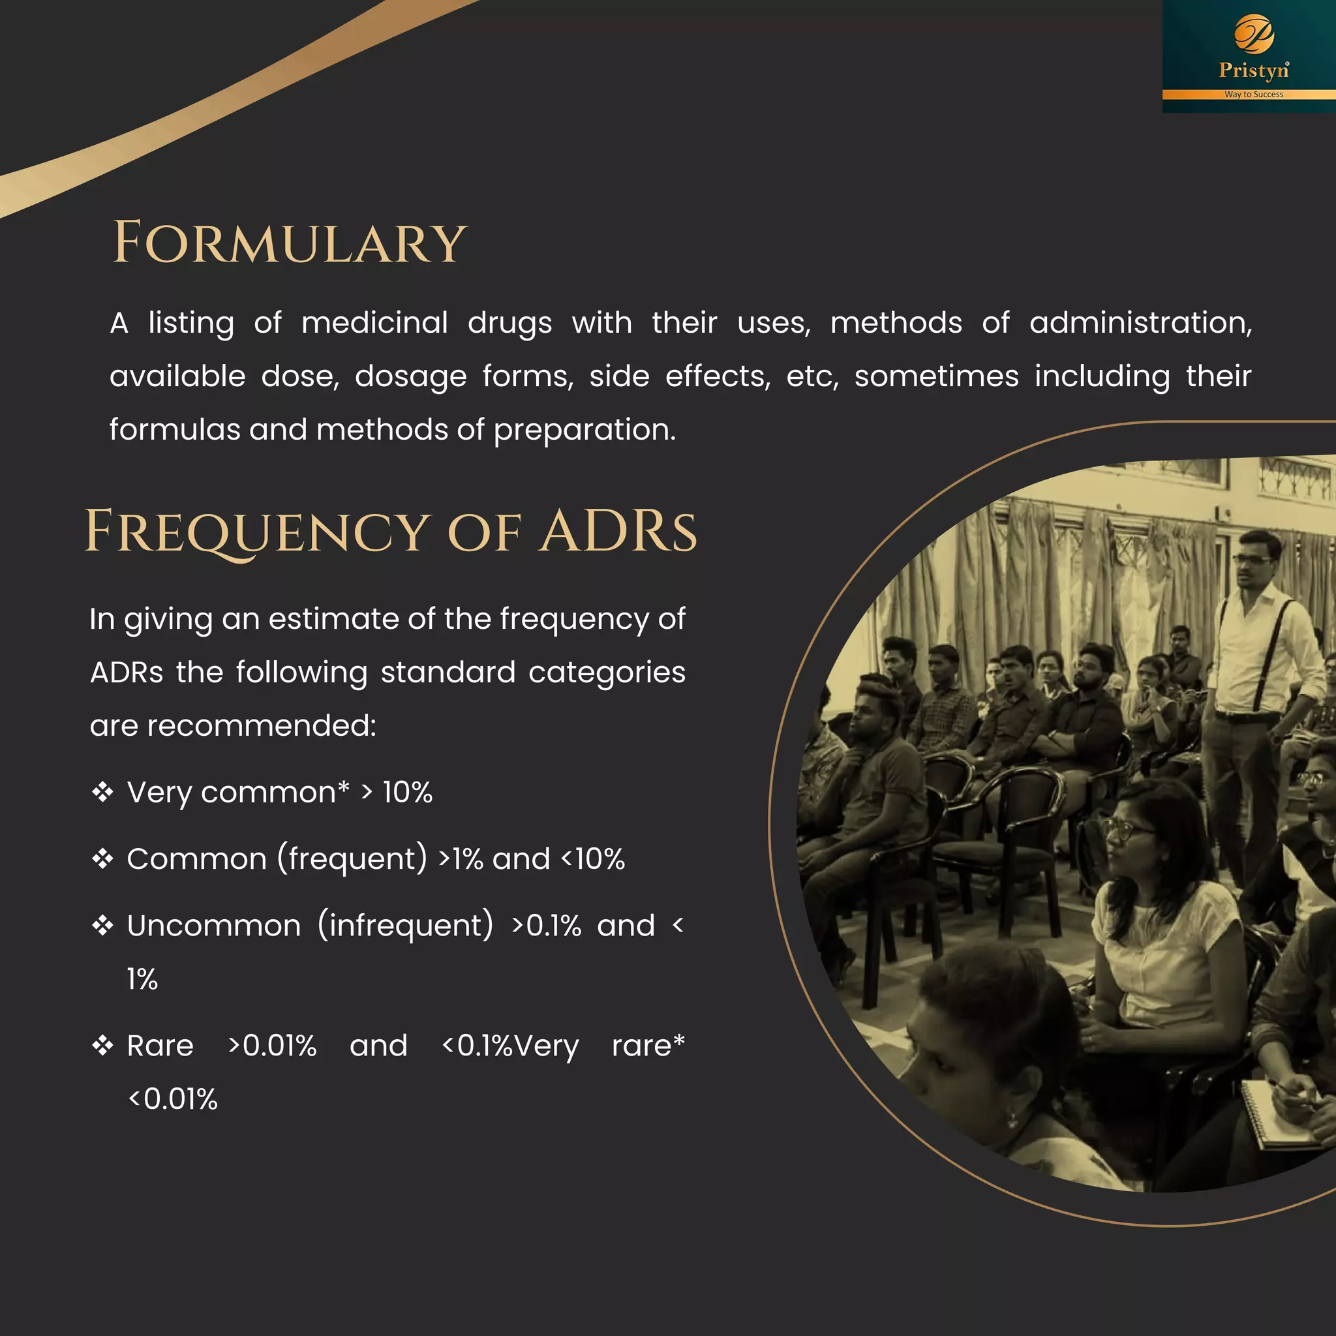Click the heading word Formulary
[x=290, y=243]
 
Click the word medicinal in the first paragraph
[x=374, y=323]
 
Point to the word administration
[x=1140, y=323]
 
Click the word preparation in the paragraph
[x=584, y=430]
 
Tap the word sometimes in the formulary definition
[x=935, y=377]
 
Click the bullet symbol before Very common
[x=102, y=792]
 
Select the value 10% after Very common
[x=407, y=793]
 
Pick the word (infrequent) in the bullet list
[x=406, y=926]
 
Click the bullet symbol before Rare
[x=102, y=1045]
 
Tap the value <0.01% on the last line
[x=173, y=1099]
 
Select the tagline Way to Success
[x=1253, y=94]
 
